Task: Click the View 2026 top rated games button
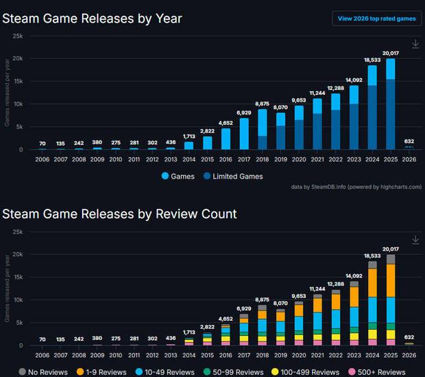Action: (x=376, y=19)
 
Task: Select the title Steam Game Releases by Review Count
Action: (x=119, y=214)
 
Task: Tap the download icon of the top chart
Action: (x=415, y=44)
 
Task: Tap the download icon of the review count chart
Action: (x=415, y=240)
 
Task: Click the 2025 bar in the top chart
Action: (x=390, y=103)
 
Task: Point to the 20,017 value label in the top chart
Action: (x=390, y=52)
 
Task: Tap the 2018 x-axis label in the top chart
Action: (x=263, y=157)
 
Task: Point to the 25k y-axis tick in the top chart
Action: (x=18, y=36)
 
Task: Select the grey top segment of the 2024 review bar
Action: (x=372, y=264)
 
